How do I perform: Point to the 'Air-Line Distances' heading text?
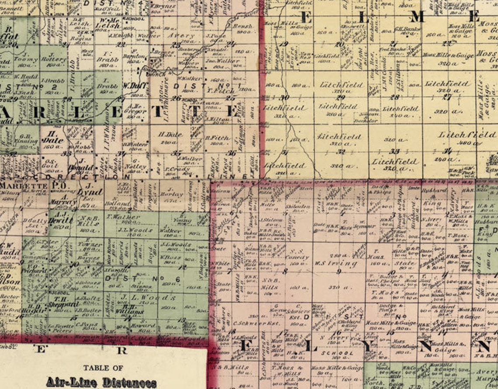coord(101,382)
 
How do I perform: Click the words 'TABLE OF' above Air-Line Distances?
coord(103,368)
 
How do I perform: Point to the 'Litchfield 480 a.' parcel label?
coord(467,138)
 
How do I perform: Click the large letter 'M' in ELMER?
coord(417,17)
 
